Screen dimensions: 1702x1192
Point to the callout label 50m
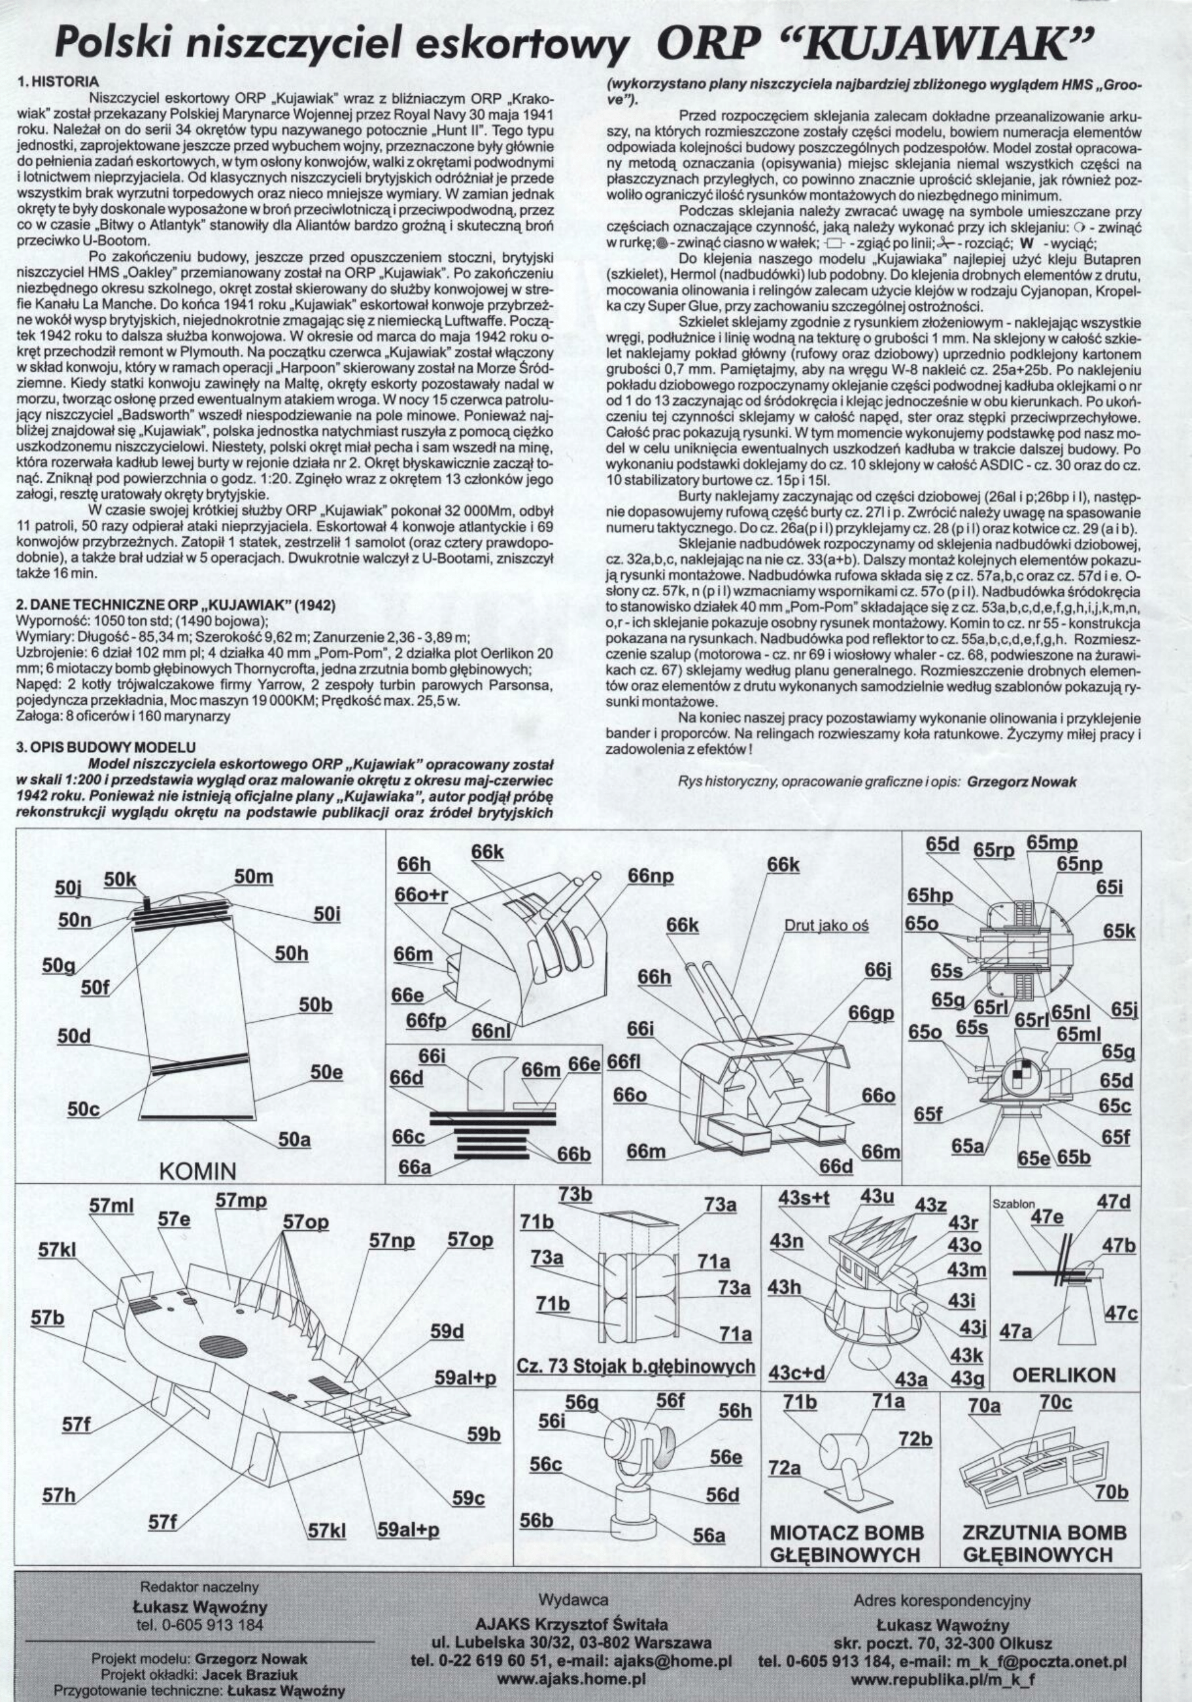pyautogui.click(x=253, y=876)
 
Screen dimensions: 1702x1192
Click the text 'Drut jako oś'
pyautogui.click(x=826, y=925)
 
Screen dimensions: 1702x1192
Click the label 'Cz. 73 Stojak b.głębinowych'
pyautogui.click(x=635, y=1366)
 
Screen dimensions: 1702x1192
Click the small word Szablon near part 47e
pyautogui.click(x=1013, y=1205)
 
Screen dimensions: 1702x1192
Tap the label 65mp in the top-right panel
pyautogui.click(x=1052, y=843)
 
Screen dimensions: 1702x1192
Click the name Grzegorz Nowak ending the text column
pyautogui.click(x=1020, y=781)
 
